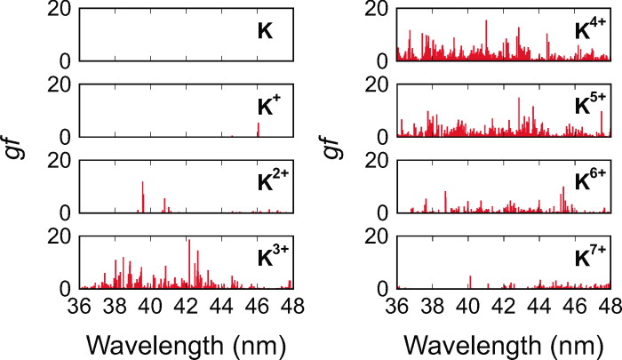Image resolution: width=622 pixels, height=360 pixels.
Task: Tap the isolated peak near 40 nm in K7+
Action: pyautogui.click(x=470, y=282)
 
